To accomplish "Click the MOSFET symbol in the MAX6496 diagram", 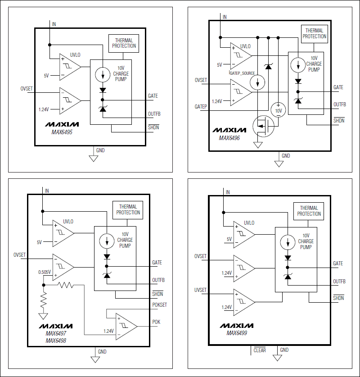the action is (263, 126).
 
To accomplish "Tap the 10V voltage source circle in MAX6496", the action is (278, 110).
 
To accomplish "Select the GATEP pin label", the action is (201, 106).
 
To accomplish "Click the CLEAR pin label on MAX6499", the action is (260, 350).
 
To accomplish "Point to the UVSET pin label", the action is (200, 290).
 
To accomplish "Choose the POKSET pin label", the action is (159, 304).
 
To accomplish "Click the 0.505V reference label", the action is (45, 272).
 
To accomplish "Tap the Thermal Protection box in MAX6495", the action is (124, 43).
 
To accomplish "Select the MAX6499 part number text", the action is (237, 333).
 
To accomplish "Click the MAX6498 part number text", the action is (56, 341).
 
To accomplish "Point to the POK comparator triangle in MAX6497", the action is (126, 327).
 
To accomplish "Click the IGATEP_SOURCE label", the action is (242, 73).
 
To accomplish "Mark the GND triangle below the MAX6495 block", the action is (94, 159).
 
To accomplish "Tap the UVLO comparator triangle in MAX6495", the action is (70, 67).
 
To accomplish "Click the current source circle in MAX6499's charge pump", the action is (288, 242).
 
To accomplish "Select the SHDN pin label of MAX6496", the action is (339, 120).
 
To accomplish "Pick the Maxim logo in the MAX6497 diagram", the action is (56, 326).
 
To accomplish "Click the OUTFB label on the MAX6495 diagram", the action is (154, 114).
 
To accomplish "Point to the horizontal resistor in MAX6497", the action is (66, 285).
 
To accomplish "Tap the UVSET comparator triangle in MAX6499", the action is (244, 302).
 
